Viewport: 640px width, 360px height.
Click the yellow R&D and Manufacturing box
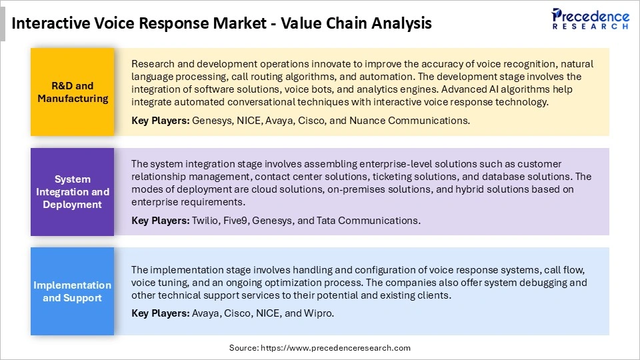[73, 92]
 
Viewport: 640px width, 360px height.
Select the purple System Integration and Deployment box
[73, 191]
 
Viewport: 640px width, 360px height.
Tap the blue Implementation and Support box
[73, 291]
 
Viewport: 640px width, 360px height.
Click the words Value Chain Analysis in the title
[356, 23]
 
